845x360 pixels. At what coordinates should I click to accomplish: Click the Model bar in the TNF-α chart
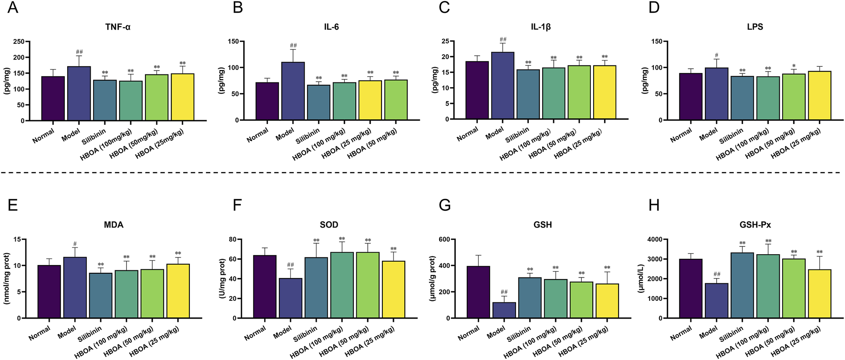[x=79, y=93]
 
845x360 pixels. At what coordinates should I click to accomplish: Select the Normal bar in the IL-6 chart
[x=267, y=102]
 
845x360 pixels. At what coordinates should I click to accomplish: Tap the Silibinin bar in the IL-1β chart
[x=528, y=94]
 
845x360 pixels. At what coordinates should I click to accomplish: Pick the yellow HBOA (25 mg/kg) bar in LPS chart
[x=819, y=96]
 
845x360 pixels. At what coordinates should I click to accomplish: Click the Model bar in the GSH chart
[x=504, y=310]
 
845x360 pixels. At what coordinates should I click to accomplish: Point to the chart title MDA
[x=113, y=225]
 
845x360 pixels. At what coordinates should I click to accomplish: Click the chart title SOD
[x=329, y=225]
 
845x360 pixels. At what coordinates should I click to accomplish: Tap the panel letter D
[x=654, y=8]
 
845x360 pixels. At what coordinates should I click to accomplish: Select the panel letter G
[x=444, y=206]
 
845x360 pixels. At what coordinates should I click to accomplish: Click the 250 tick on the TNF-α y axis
[x=19, y=41]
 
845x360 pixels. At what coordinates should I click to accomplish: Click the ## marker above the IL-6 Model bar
[x=293, y=45]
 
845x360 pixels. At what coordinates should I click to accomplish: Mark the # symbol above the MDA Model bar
[x=75, y=244]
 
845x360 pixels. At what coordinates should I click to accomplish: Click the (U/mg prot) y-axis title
[x=222, y=279]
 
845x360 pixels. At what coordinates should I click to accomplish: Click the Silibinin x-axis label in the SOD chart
[x=305, y=334]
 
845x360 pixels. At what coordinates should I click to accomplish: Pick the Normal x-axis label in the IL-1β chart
[x=467, y=134]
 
